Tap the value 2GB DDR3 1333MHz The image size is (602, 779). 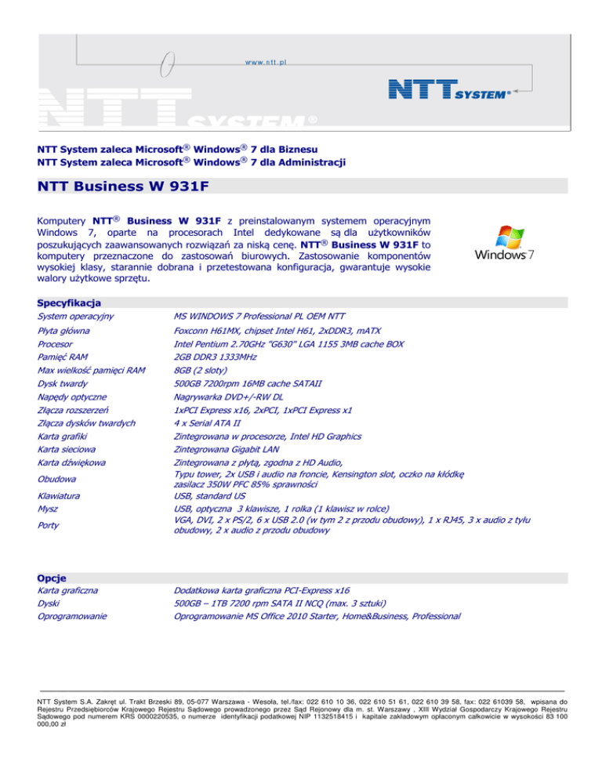tap(220, 357)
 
